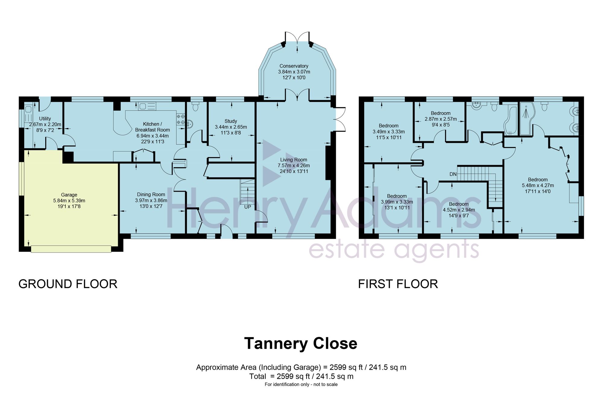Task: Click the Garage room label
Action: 69,195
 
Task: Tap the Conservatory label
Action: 294,66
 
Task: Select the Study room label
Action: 231,121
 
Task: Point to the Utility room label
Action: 45,119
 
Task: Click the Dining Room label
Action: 151,195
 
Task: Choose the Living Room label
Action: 294,160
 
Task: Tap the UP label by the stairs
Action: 248,207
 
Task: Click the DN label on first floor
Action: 453,174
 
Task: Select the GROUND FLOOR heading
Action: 68,284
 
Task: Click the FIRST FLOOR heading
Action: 398,284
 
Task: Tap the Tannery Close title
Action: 301,344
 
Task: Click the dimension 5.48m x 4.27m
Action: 538,186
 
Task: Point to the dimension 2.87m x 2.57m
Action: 441,119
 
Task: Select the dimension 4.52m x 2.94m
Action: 459,210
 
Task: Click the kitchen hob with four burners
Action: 181,119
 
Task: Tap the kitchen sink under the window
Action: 147,106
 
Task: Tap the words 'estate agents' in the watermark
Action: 394,250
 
